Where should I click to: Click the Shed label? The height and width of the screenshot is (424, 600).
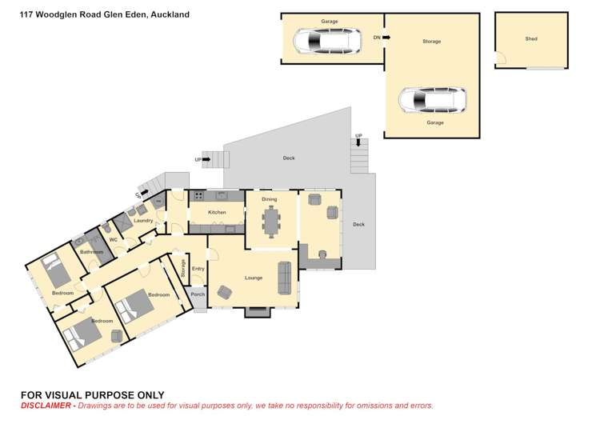coord(531,38)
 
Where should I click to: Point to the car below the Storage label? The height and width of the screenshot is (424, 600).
coord(432,100)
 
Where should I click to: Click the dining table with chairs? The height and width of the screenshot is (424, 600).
coord(272,220)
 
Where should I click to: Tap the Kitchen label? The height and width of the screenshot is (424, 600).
coord(217,212)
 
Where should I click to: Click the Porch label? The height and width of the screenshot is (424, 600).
coord(198,294)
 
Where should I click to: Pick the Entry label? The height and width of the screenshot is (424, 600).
coord(198,269)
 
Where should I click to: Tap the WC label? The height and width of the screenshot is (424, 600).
coord(113,239)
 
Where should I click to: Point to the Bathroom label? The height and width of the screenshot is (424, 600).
coord(91,252)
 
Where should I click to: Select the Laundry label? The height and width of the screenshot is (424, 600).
coord(143,220)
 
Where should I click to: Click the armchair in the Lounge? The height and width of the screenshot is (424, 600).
coord(224,294)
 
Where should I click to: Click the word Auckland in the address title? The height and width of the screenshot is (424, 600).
coord(168,14)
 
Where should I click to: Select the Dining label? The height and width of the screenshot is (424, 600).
coord(270,199)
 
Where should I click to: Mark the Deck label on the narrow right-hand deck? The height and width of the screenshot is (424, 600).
coord(358,224)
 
